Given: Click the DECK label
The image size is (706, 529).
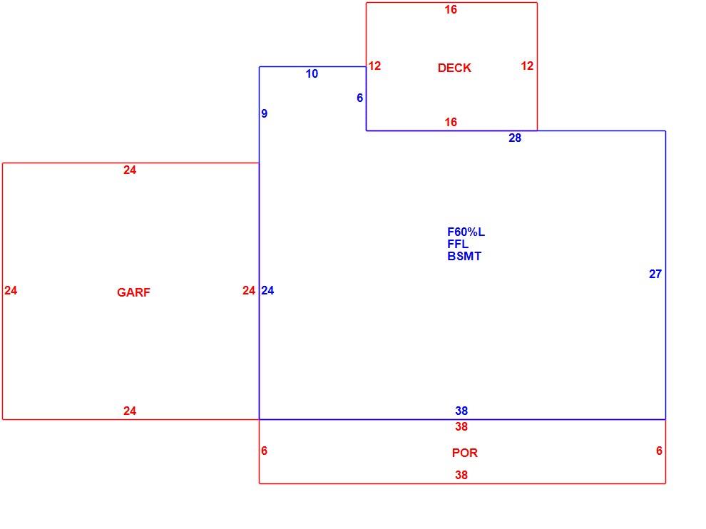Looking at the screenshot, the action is pos(454,68).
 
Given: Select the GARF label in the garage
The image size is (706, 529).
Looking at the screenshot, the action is pos(134,292).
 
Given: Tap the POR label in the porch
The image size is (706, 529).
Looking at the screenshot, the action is pos(465,453).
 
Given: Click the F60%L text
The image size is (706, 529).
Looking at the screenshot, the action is pos(466,232).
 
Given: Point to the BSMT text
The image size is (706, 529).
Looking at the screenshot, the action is pos(464,257).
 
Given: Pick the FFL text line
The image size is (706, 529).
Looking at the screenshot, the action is pos(458,245).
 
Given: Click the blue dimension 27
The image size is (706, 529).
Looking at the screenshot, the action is pos(655,274).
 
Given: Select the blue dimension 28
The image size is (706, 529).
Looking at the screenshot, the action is pos(515,138).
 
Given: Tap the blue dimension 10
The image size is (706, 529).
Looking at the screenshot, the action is pos(312,74).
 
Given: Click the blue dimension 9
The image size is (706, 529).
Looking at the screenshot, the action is pos(265,114).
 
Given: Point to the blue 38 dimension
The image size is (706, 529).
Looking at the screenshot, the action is pos(461,411).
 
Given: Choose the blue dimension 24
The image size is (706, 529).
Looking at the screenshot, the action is pos(268,291).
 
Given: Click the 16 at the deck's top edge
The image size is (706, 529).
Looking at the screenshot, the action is pos(451,10).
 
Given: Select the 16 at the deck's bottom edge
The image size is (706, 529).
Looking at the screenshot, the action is pos(451,123).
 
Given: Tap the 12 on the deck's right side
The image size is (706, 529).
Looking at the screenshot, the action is pos(527,66).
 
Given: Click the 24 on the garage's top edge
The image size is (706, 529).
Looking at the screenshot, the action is pos(130,170).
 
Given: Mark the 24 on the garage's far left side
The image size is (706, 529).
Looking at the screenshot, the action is pos(11,291).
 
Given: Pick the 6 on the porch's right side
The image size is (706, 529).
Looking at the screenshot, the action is pos(659,451).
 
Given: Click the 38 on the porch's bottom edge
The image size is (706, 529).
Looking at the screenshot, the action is pos(461,476).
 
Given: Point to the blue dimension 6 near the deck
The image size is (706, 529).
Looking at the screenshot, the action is pos(359,98).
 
